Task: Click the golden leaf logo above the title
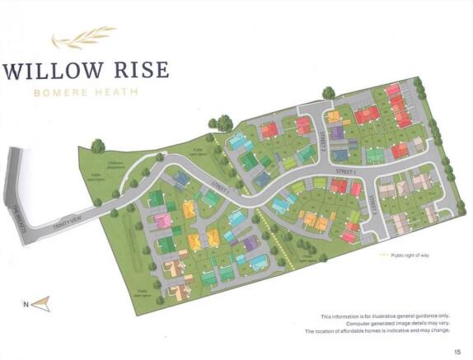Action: [80, 40]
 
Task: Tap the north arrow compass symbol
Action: [42, 303]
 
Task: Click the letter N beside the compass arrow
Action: [26, 305]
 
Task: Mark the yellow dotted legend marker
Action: [382, 256]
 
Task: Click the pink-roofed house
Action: [162, 221]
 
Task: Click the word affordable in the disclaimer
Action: [372, 331]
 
